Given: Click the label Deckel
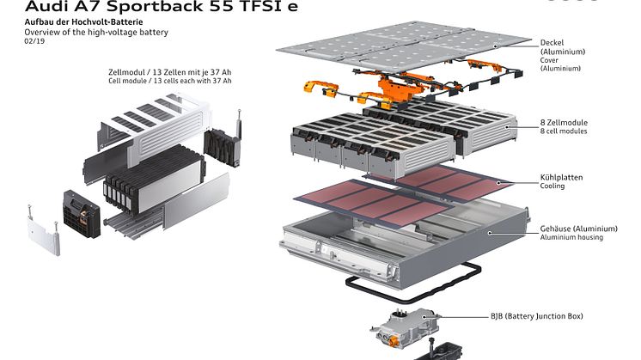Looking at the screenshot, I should click(x=552, y=42).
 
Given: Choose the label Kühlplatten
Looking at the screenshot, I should click(x=561, y=177).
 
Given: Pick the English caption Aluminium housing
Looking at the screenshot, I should click(x=571, y=237).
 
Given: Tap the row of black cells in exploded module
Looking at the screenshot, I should click(x=129, y=186).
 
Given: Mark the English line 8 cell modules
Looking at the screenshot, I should click(x=565, y=131).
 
